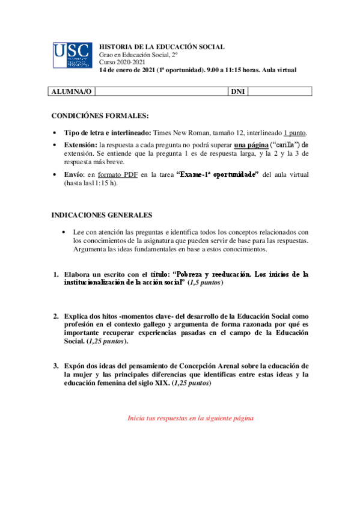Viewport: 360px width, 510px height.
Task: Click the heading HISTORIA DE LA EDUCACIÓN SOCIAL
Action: click(x=162, y=46)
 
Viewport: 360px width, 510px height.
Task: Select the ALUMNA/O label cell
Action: click(x=72, y=91)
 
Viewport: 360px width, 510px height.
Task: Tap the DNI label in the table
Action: click(x=238, y=91)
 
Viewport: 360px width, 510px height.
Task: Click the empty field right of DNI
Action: click(x=279, y=91)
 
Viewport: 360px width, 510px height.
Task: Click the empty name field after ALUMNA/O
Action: click(x=161, y=91)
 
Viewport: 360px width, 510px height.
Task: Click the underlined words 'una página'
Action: click(x=251, y=145)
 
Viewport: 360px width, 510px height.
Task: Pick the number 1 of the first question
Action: click(x=55, y=274)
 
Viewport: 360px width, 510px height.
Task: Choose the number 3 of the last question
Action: click(x=55, y=366)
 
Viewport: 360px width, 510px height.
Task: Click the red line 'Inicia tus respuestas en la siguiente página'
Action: click(x=191, y=417)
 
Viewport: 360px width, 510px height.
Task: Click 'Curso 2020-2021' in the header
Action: click(x=121, y=62)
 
